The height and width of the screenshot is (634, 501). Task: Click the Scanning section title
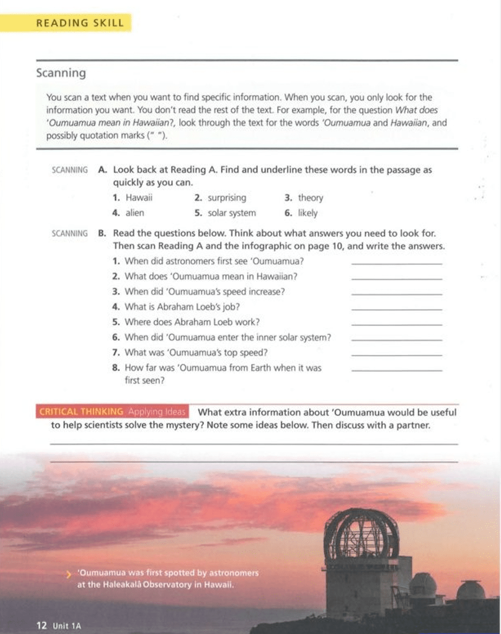(x=61, y=73)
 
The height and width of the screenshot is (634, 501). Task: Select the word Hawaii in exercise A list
(x=139, y=198)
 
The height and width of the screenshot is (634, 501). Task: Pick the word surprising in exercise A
(x=227, y=198)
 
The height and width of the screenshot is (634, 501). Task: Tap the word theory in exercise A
(x=310, y=198)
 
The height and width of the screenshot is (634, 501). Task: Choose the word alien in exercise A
(x=135, y=213)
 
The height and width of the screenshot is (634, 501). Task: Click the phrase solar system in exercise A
(x=232, y=213)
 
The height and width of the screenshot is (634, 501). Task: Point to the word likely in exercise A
(x=307, y=213)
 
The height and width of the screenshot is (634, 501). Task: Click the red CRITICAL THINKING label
(x=81, y=412)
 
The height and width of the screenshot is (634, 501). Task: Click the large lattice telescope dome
(x=361, y=534)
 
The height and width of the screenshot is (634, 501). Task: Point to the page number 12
(x=42, y=625)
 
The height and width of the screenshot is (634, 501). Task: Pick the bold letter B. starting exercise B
(x=102, y=233)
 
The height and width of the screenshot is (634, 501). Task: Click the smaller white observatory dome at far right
(x=471, y=590)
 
